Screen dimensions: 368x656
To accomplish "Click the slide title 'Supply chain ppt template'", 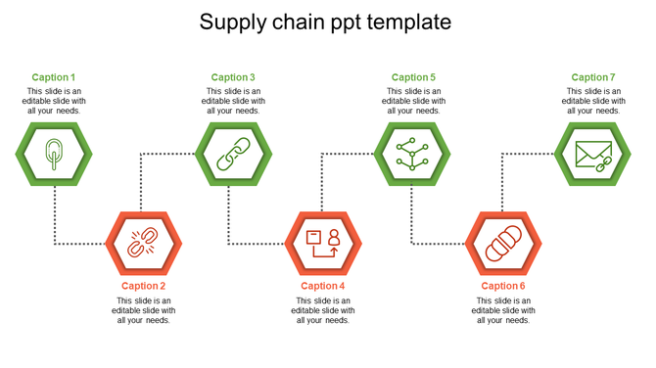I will click(325, 22).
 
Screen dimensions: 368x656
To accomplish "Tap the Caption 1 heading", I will click(53, 77).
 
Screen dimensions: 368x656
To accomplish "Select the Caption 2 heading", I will click(144, 286).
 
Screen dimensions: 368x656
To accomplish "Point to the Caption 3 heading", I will click(233, 77).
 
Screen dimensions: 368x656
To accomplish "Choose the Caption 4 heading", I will click(323, 286).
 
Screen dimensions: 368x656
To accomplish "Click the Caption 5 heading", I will click(413, 77).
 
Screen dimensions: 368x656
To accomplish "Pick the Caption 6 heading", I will click(503, 286).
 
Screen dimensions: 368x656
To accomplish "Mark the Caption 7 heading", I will click(593, 77).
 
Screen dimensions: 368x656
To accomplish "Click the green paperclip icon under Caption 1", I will click(53, 155).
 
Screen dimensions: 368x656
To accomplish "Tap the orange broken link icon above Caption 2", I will click(144, 242).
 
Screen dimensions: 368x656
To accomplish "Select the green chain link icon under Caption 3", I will click(233, 155).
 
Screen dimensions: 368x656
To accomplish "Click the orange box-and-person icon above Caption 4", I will click(323, 242).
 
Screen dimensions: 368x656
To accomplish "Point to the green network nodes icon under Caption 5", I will click(412, 155).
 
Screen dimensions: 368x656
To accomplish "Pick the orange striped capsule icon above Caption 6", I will click(503, 242).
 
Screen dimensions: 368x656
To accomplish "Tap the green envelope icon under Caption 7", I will click(593, 155).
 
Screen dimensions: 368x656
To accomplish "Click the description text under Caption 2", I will click(144, 310).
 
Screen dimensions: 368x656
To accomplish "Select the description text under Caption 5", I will click(413, 101).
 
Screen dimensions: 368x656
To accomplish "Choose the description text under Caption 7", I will click(593, 101).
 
